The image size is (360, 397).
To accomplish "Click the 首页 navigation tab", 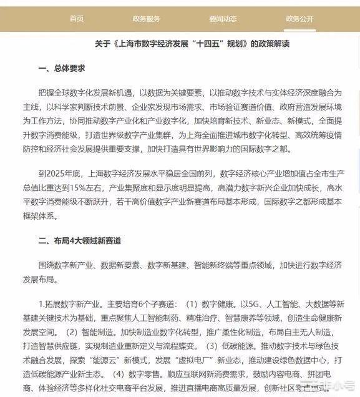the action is pyautogui.click(x=77, y=19).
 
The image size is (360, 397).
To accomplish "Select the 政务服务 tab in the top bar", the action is pyautogui.click(x=147, y=19).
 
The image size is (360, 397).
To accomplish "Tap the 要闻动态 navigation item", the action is pyautogui.click(x=223, y=19).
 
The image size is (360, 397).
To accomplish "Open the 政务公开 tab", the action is pyautogui.click(x=299, y=19).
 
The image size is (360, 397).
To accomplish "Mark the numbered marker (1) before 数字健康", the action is pyautogui.click(x=192, y=304).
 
